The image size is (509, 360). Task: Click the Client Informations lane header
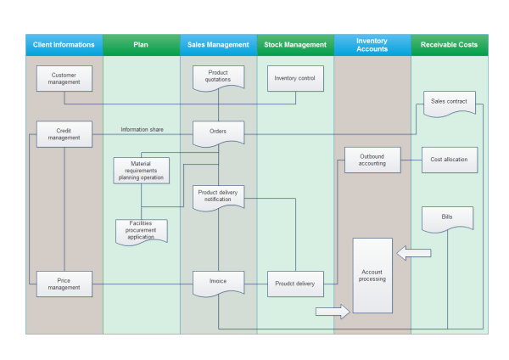(64, 45)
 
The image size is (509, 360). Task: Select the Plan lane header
(141, 45)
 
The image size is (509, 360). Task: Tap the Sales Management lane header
(218, 45)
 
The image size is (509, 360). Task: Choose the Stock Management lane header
(295, 45)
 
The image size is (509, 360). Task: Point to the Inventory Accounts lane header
(372, 45)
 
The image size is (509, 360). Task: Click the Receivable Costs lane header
(450, 45)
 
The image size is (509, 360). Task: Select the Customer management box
(64, 79)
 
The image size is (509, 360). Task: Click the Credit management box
(64, 134)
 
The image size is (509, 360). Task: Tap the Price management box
(64, 284)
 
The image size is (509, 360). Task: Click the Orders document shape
(218, 132)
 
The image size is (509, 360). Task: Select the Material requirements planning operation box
(141, 170)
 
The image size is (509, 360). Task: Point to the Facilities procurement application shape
(141, 231)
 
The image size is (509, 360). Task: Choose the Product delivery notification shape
(218, 196)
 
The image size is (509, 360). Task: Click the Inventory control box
(295, 79)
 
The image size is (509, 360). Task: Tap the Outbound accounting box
(372, 160)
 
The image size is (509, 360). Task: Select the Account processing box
(372, 276)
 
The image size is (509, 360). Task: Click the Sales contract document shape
(449, 103)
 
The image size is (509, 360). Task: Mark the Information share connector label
(143, 130)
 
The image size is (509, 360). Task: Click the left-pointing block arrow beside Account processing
(415, 253)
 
